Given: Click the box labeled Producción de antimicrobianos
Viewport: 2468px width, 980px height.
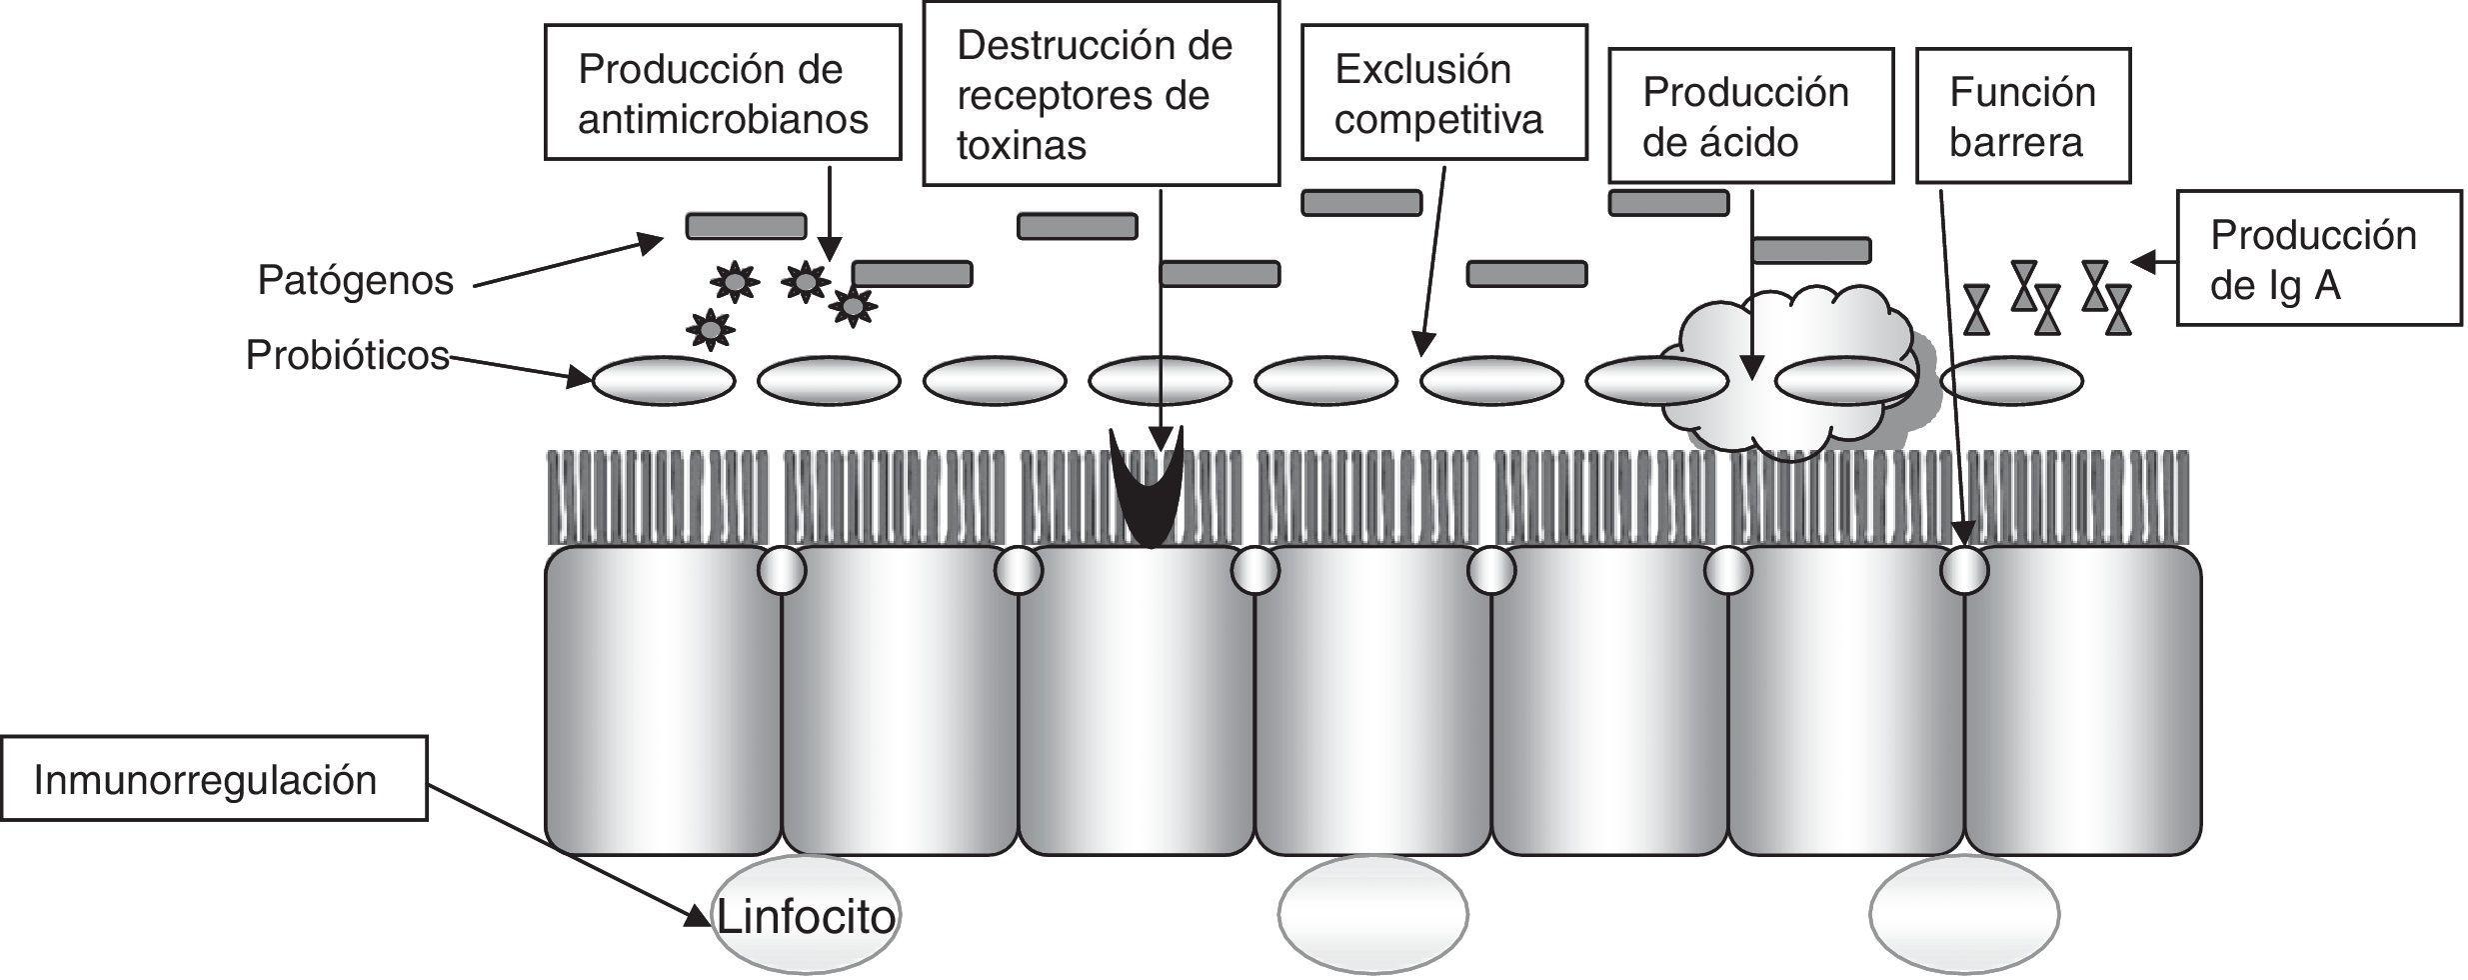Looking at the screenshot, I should [x=722, y=92].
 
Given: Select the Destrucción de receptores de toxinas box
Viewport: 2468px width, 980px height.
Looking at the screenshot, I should [x=1100, y=94].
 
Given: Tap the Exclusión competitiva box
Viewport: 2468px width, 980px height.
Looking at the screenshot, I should [x=1442, y=92].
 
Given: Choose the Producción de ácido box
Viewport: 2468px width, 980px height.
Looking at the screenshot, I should [x=1749, y=116].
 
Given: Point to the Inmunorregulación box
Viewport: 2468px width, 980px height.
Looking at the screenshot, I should [x=213, y=779].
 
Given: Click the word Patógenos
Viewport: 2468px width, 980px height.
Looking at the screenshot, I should [x=355, y=280].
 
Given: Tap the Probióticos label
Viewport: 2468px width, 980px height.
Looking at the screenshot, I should [x=347, y=355].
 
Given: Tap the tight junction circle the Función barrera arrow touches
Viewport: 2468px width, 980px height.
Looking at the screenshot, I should [x=1963, y=571].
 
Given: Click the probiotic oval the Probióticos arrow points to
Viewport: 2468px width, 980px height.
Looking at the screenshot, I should [x=664, y=380].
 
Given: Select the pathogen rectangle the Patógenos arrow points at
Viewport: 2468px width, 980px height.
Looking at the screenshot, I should [x=745, y=226].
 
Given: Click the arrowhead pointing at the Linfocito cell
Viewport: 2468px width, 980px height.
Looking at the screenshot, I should [x=698, y=916].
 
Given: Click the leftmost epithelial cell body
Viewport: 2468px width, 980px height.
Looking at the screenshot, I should [x=662, y=700].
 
